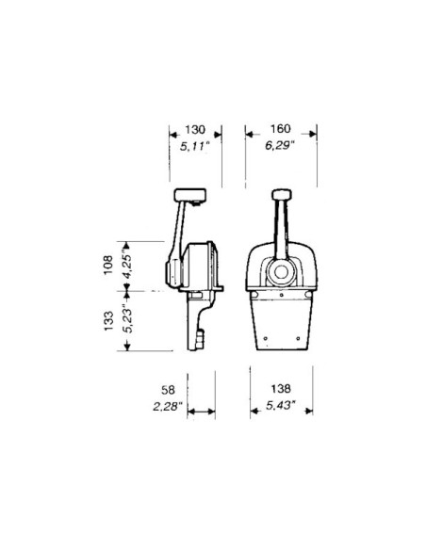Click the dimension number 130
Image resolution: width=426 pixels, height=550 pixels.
point(196,129)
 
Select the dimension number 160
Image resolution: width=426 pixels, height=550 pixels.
point(278,129)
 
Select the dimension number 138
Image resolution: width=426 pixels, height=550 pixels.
point(278,388)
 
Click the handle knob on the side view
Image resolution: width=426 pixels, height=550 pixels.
point(188,195)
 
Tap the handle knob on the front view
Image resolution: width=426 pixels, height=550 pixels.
point(279,195)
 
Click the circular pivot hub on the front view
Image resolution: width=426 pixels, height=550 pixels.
point(279,274)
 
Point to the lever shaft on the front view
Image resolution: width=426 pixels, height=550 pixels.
point(279,231)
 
